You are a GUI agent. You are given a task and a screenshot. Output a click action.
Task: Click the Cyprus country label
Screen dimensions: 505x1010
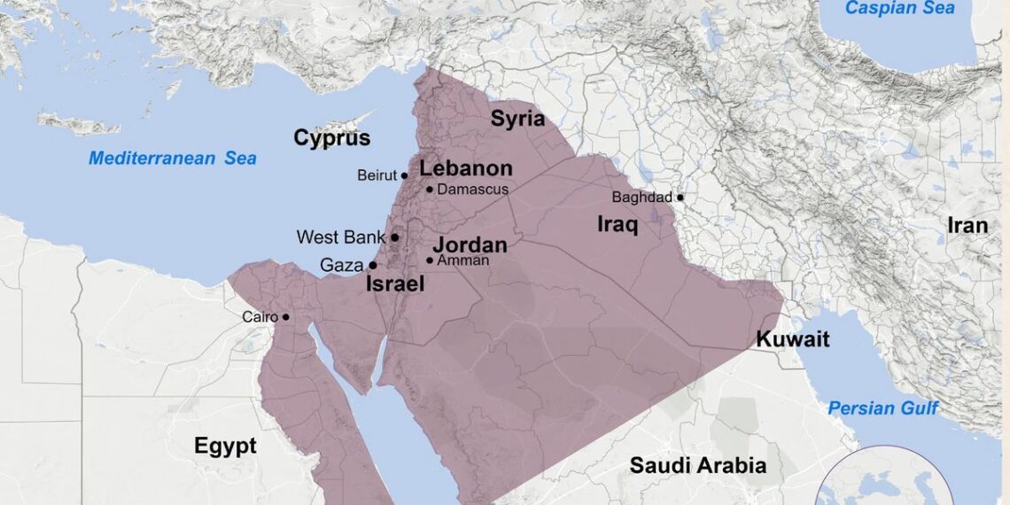coord(332,138)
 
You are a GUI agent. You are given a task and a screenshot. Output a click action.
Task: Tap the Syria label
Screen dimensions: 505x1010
coord(518,119)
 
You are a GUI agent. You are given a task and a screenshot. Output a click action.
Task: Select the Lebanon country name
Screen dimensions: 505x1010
coord(466,168)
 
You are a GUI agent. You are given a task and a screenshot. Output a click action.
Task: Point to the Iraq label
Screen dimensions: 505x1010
coord(618,224)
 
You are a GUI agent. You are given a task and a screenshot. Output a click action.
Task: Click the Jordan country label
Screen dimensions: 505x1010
coord(470,245)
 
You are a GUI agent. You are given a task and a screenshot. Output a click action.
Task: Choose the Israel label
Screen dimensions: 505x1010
coord(395,284)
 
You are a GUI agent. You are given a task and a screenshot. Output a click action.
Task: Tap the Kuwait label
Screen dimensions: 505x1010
coord(792,339)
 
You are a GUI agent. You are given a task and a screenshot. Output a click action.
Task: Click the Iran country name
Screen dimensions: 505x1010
coord(967,226)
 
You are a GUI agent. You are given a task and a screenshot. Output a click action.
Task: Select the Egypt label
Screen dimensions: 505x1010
coord(225,446)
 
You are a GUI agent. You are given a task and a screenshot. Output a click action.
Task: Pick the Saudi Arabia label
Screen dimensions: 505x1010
coord(698,465)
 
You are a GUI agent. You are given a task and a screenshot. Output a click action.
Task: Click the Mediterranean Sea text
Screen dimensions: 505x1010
coord(173,159)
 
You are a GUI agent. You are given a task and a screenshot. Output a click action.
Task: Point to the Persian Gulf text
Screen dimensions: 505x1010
coord(882,408)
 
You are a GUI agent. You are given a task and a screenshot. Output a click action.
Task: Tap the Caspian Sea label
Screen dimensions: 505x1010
coord(900,8)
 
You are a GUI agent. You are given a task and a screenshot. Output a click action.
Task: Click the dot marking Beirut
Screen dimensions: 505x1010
coord(404,175)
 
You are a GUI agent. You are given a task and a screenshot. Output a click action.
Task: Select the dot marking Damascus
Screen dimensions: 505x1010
coord(430,189)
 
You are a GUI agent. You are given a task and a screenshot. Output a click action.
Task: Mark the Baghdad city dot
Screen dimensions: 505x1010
coord(680,198)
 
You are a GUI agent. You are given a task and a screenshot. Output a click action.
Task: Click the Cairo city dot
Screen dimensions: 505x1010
coord(285,317)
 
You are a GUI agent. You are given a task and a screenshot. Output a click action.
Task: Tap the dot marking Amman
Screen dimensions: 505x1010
coord(430,260)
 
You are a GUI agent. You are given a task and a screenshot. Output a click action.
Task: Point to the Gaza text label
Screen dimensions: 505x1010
coord(342,265)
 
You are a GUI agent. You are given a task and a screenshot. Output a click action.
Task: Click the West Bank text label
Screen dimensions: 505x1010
coord(341,237)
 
